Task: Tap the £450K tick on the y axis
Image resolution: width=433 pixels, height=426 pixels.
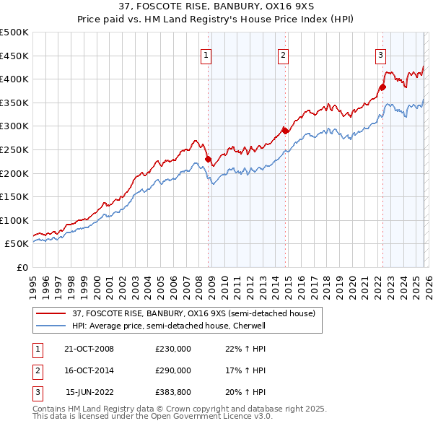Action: point(14,56)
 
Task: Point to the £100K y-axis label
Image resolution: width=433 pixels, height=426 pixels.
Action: point(14,220)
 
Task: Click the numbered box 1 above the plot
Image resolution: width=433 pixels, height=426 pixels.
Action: point(206,54)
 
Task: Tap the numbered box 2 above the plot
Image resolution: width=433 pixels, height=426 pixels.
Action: point(283,54)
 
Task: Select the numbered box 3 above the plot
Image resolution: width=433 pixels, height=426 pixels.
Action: point(380,54)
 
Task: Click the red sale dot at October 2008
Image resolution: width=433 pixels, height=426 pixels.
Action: point(209,159)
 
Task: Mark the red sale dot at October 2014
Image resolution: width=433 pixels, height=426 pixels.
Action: point(285,131)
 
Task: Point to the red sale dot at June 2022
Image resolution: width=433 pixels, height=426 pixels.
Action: point(382,87)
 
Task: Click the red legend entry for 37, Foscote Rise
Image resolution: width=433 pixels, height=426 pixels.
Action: point(193,314)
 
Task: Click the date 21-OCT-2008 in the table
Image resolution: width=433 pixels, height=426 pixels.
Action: point(88,349)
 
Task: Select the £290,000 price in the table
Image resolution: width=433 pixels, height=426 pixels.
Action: point(173,370)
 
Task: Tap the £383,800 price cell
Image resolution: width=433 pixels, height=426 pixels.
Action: point(173,392)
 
